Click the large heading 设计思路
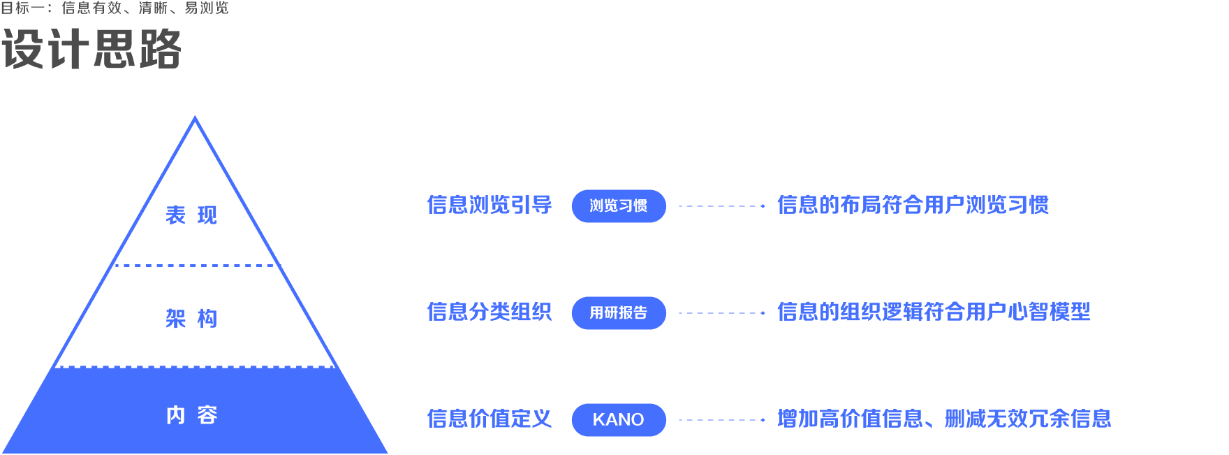pyautogui.click(x=91, y=50)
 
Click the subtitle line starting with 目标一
pyautogui.click(x=115, y=8)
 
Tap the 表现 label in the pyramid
pyautogui.click(x=191, y=215)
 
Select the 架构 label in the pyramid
pyautogui.click(x=191, y=319)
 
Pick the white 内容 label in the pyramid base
pyautogui.click(x=191, y=415)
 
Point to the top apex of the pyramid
pyautogui.click(x=195, y=117)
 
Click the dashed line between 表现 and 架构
pyautogui.click(x=197, y=266)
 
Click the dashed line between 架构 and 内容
pyautogui.click(x=195, y=366)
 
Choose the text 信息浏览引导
pyautogui.click(x=490, y=205)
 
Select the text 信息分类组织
pyautogui.click(x=490, y=312)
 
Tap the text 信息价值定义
pyautogui.click(x=490, y=419)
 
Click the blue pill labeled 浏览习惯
pyautogui.click(x=619, y=206)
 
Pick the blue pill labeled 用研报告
pyautogui.click(x=619, y=313)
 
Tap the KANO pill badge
pyautogui.click(x=619, y=420)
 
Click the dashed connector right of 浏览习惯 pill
pyautogui.click(x=722, y=206)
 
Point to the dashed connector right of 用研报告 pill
pyautogui.click(x=722, y=313)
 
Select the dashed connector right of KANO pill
pyautogui.click(x=722, y=420)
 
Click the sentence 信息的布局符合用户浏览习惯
pyautogui.click(x=913, y=205)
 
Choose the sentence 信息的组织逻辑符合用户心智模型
pyautogui.click(x=934, y=312)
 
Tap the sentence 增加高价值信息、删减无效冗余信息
pyautogui.click(x=944, y=419)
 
